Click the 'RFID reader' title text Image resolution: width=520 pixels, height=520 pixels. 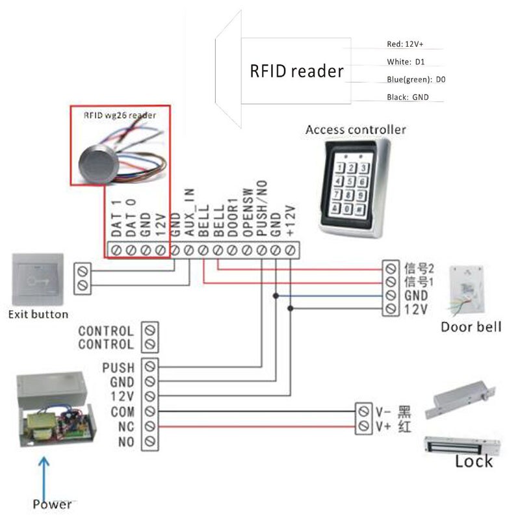pos(296,70)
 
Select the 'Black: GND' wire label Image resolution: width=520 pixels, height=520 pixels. pos(408,97)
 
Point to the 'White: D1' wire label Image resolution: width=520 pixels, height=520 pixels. pos(406,62)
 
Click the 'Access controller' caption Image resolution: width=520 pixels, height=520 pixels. pos(356,129)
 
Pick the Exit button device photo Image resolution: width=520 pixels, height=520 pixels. pos(38,280)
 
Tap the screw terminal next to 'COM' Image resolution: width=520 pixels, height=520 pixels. pos(150,411)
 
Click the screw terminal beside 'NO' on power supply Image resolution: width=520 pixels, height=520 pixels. pos(150,442)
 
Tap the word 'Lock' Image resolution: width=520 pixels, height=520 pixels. pos(473,461)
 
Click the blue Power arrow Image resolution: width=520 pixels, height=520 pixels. pos(45,477)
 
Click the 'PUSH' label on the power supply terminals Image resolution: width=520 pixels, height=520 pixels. pos(119,368)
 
